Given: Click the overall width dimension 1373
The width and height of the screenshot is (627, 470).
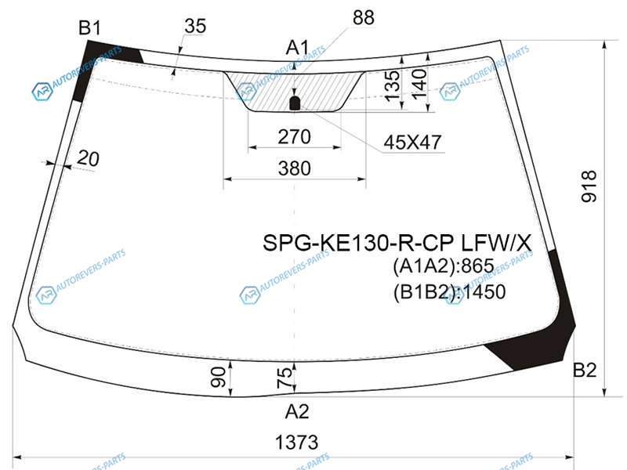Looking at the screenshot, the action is pyautogui.click(x=296, y=443).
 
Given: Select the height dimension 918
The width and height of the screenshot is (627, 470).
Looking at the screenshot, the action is pyautogui.click(x=589, y=186).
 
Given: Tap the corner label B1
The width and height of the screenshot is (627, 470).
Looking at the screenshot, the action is pyautogui.click(x=90, y=28).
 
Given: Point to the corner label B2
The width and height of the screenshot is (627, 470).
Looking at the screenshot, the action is pyautogui.click(x=585, y=370).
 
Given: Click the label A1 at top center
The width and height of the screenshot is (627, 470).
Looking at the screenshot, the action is pyautogui.click(x=298, y=48).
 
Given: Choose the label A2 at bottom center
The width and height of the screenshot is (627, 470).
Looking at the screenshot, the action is pyautogui.click(x=297, y=411).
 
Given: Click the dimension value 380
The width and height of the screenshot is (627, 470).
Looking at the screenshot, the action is pyautogui.click(x=295, y=168).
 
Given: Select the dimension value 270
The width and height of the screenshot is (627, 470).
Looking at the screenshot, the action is pyautogui.click(x=295, y=136).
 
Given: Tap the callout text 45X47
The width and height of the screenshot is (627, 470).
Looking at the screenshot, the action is pyautogui.click(x=413, y=142).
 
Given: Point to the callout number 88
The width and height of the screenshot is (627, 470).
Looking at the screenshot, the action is pyautogui.click(x=364, y=18).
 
